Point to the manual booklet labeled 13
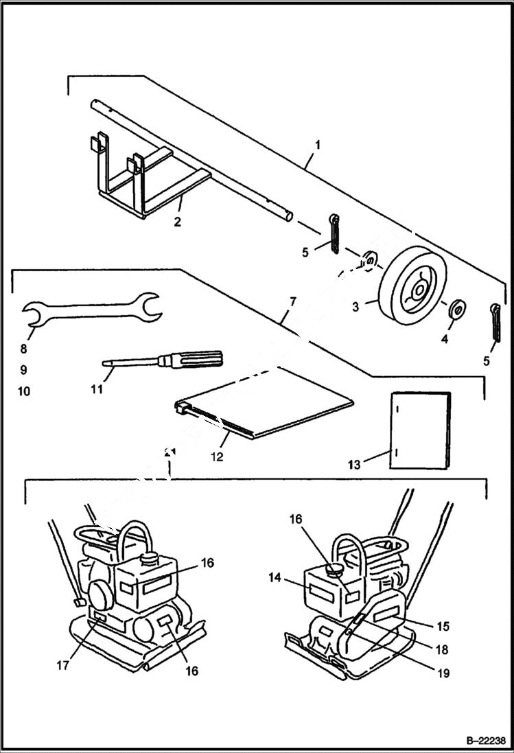point(420,430)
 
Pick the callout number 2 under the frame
point(177,222)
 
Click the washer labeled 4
point(456,310)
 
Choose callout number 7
point(293,301)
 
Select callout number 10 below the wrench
point(23,392)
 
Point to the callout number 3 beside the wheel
point(355,308)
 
